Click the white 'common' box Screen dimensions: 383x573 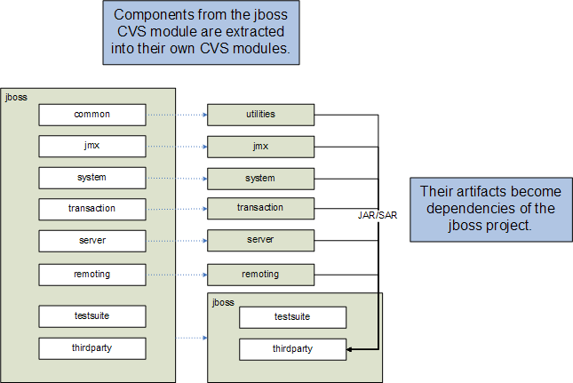click(x=92, y=115)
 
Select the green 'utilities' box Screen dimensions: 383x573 click(x=260, y=115)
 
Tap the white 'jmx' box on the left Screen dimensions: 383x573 click(x=92, y=146)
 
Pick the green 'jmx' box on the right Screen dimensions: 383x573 click(x=260, y=146)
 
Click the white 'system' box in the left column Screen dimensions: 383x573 click(x=92, y=178)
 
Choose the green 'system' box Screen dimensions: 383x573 click(x=260, y=179)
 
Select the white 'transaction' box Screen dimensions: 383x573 click(x=92, y=209)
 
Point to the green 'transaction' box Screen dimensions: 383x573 click(x=260, y=208)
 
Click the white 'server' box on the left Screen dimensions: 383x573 click(x=92, y=241)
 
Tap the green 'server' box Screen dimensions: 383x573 click(x=260, y=241)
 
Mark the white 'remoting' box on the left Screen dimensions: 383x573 click(x=92, y=275)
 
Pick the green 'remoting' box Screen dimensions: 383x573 click(x=260, y=275)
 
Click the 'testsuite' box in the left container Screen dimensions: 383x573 click(x=92, y=315)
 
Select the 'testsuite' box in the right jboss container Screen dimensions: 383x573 click(x=292, y=317)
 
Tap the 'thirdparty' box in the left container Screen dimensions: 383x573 click(x=92, y=347)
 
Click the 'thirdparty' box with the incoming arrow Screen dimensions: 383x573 click(x=292, y=349)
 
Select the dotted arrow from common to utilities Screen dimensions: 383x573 click(x=176, y=115)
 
